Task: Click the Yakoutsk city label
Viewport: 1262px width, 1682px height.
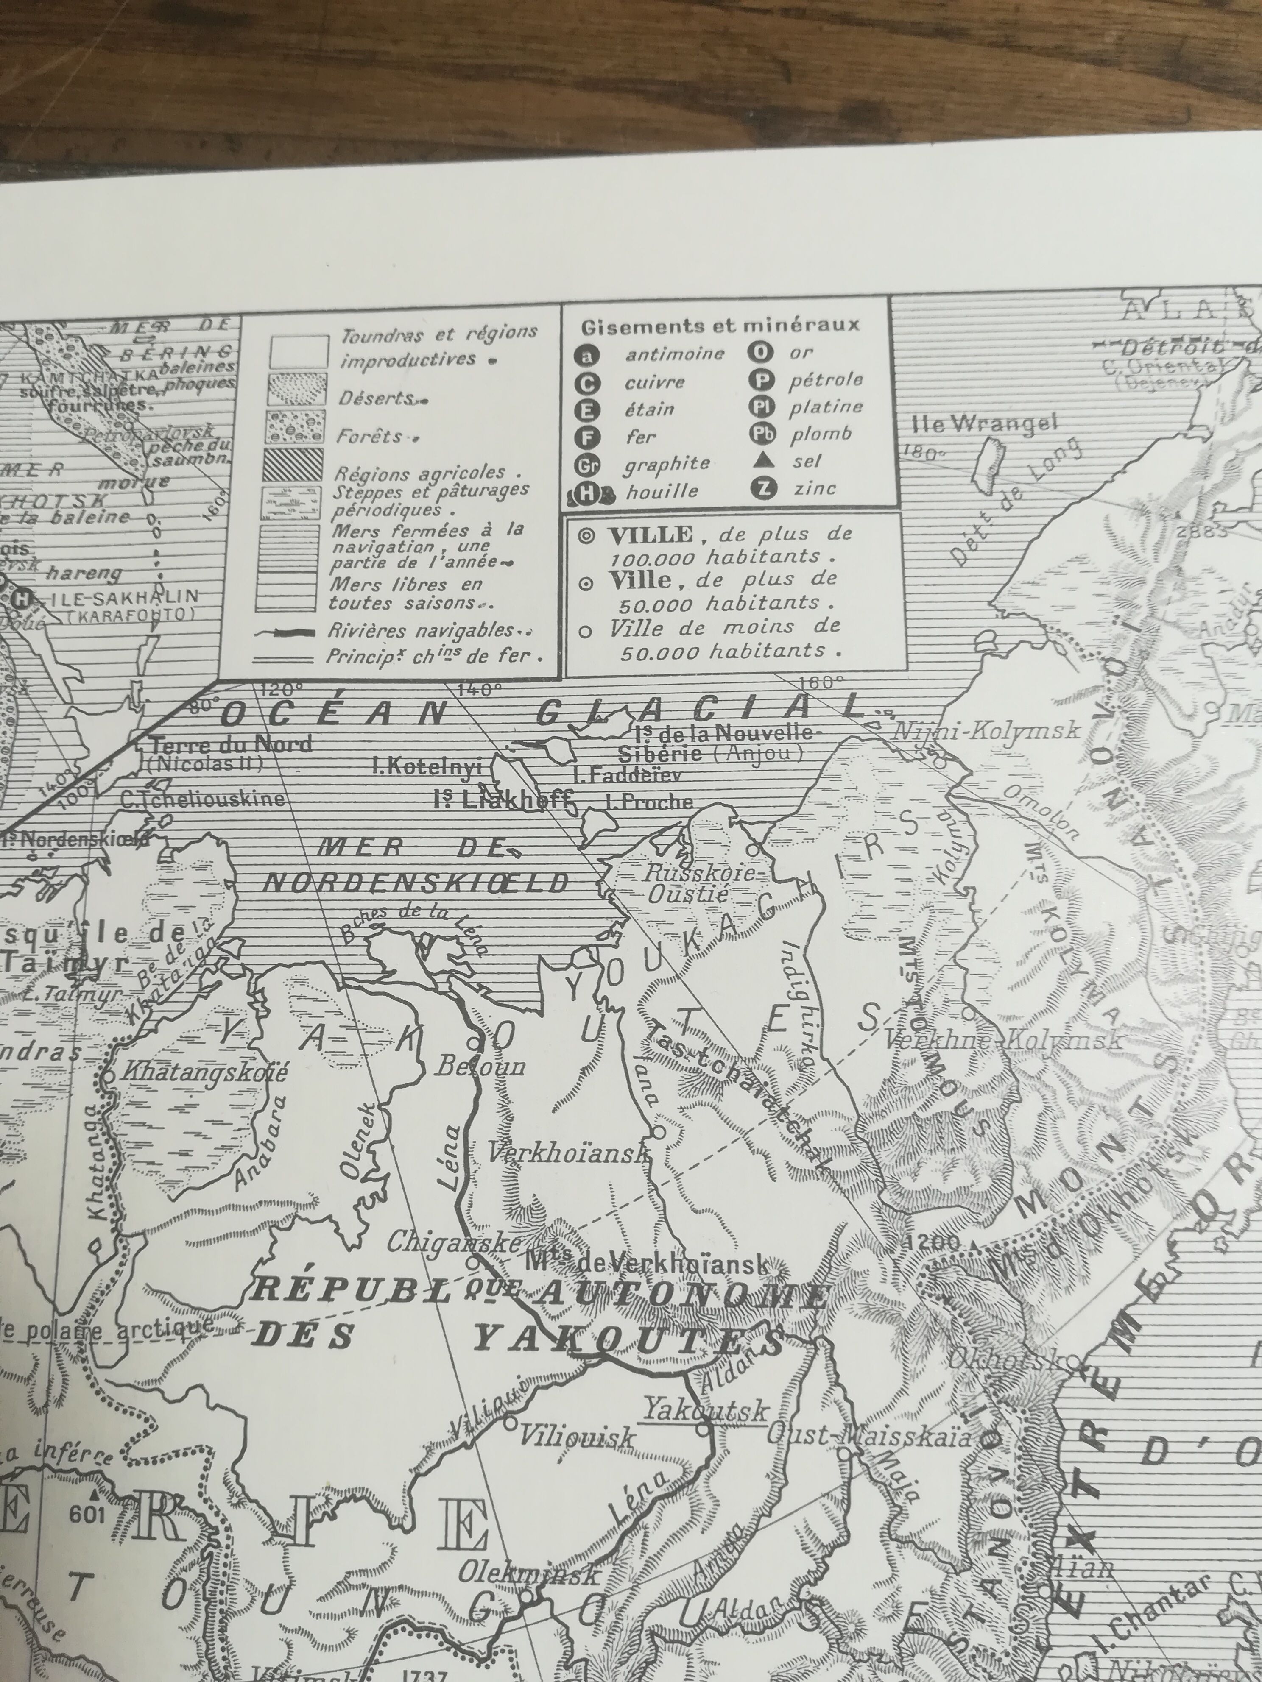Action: coord(706,1411)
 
